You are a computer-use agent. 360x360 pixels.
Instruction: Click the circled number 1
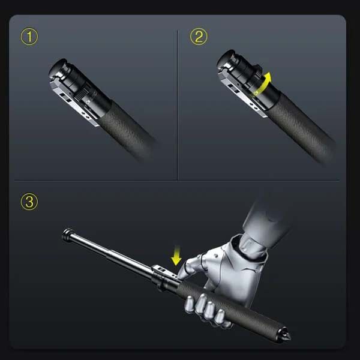(29, 37)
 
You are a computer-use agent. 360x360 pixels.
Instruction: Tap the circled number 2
(199, 37)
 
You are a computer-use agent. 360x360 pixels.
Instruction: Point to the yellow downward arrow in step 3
(176, 257)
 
